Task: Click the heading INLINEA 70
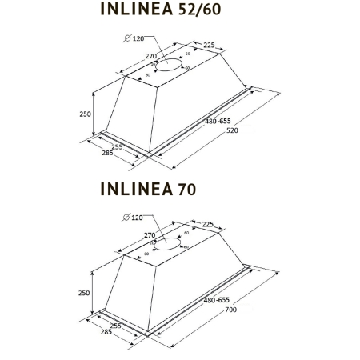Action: coord(148,189)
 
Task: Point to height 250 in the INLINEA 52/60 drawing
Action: coord(86,114)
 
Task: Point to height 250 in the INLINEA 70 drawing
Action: coord(86,293)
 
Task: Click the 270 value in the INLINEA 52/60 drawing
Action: coord(150,56)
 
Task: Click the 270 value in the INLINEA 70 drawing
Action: coord(150,235)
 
